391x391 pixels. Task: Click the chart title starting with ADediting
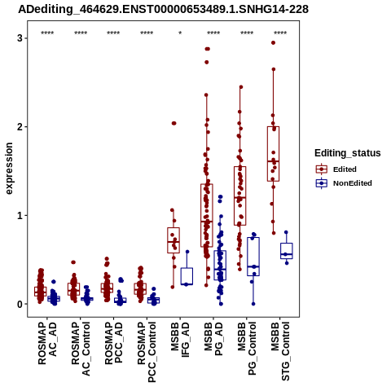(x=163, y=10)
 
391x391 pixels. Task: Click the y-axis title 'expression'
(x=9, y=169)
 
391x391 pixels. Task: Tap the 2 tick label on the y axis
(x=20, y=127)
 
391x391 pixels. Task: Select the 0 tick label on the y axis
(x=20, y=304)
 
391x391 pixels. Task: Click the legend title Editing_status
(x=348, y=153)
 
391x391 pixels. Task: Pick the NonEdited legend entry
(x=344, y=183)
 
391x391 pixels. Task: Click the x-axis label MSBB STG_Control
(x=280, y=351)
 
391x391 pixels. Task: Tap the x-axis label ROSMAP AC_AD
(x=47, y=344)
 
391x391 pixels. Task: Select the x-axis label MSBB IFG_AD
(x=180, y=340)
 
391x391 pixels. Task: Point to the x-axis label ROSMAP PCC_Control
(x=147, y=352)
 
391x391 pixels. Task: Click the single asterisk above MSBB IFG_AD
(x=180, y=33)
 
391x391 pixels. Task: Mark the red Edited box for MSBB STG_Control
(x=273, y=154)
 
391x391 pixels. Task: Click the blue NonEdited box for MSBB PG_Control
(x=253, y=257)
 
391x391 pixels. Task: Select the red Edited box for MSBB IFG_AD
(x=174, y=240)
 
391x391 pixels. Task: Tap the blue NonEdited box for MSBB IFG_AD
(x=187, y=276)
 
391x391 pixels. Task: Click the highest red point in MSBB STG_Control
(x=274, y=42)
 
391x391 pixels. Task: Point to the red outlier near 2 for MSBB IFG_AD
(x=174, y=123)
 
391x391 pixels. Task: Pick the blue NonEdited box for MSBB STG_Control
(x=287, y=251)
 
